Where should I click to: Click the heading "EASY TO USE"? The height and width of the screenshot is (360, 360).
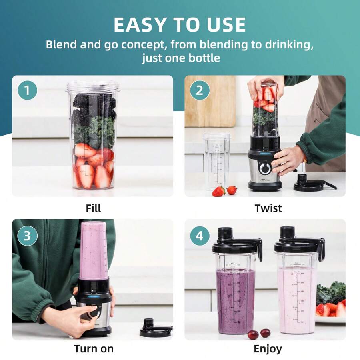pyautogui.click(x=180, y=25)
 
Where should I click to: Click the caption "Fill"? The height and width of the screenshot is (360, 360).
pyautogui.click(x=93, y=208)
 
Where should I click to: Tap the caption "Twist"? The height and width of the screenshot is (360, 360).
pyautogui.click(x=268, y=208)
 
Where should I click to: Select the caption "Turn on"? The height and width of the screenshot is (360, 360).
pyautogui.click(x=94, y=349)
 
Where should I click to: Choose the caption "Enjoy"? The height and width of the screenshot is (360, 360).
pyautogui.click(x=268, y=349)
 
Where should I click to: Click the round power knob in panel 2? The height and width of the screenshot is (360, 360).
pyautogui.click(x=264, y=168)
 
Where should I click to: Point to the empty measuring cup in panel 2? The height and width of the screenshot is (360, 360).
pyautogui.click(x=216, y=160)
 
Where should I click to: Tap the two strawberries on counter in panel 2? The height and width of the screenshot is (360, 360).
pyautogui.click(x=224, y=191)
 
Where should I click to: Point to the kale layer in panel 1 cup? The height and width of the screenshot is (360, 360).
pyautogui.click(x=93, y=132)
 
